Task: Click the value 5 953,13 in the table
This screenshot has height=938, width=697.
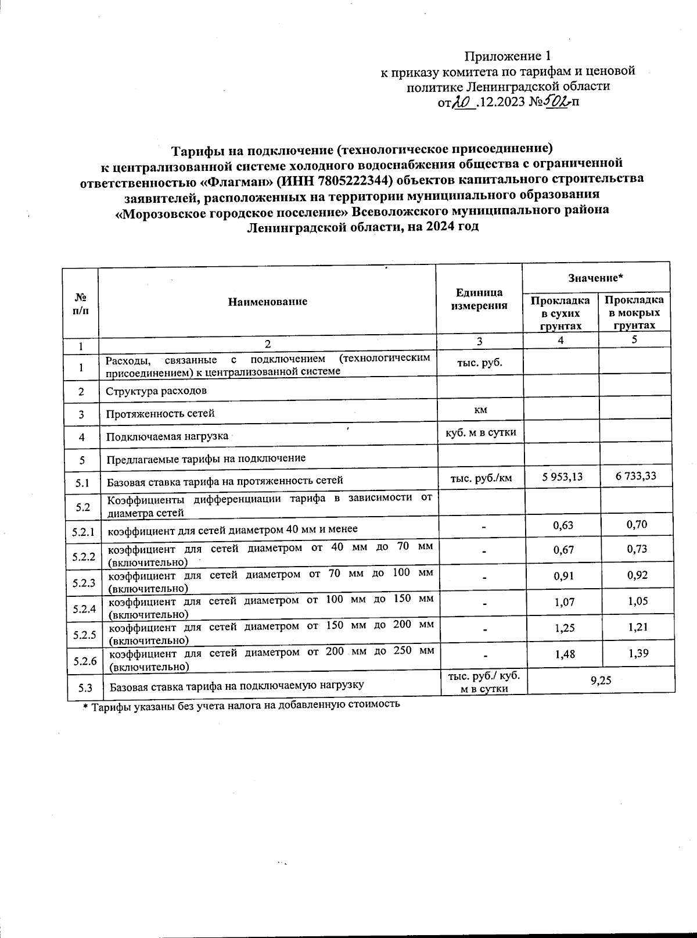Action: point(562,477)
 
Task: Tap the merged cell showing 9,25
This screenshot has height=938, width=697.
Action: point(601,680)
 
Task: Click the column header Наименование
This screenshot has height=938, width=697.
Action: point(267,302)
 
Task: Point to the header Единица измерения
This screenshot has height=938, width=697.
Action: point(479,299)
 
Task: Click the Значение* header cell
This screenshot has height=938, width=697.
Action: point(595,278)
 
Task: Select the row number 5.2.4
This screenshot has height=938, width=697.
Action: point(84,609)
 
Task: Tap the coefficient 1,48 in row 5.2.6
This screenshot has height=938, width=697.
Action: point(565,654)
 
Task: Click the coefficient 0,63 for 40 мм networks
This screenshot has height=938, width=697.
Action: point(563,525)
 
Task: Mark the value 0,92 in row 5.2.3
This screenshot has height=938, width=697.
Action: point(637,575)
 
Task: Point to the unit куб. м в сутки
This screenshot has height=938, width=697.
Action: point(480,432)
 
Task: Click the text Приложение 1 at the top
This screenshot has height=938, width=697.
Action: point(506,56)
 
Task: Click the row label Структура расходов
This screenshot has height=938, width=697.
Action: point(156,391)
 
